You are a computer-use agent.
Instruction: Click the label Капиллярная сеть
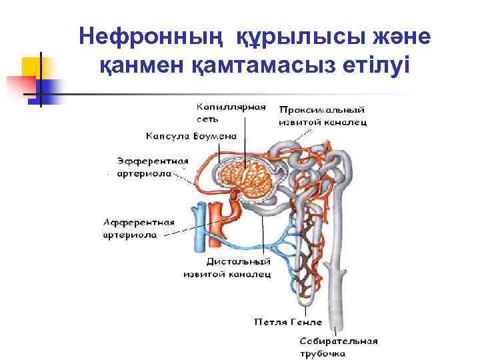pos(229,112)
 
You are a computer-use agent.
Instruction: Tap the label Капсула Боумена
pos(191,135)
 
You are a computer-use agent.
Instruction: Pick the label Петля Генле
pos(288,322)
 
